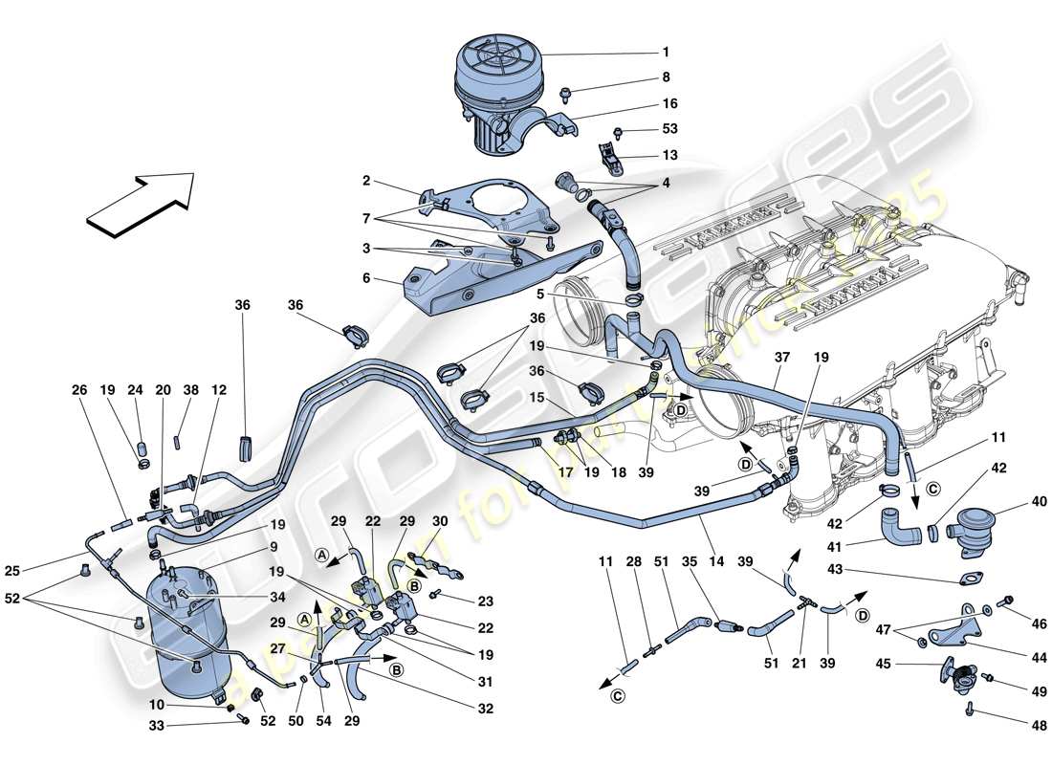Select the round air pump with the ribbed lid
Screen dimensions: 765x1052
497,91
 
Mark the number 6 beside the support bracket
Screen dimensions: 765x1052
365,279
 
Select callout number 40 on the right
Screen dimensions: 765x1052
1012,500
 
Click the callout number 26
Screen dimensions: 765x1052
77,389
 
